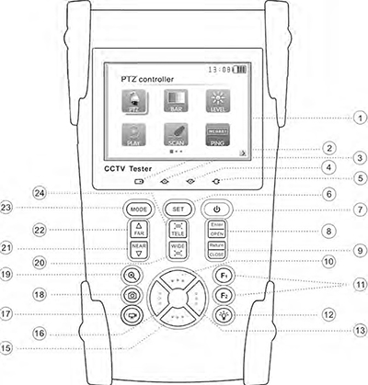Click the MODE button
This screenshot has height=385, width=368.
[137, 209]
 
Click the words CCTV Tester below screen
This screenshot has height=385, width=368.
[129, 172]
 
